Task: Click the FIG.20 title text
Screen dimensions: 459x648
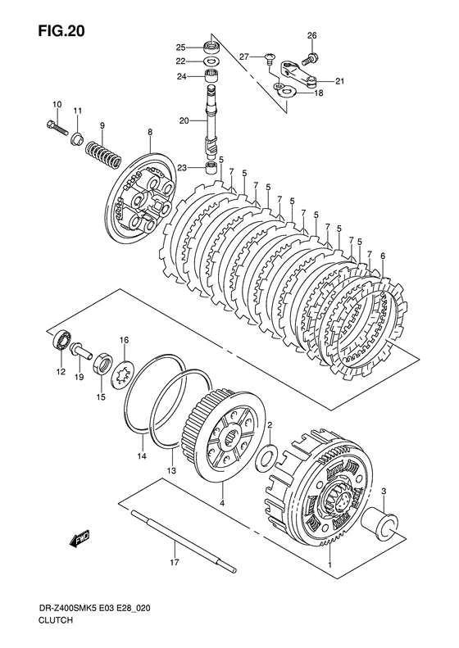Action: pyautogui.click(x=61, y=30)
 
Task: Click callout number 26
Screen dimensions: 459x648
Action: pyautogui.click(x=311, y=35)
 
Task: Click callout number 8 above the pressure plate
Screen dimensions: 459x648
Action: pyautogui.click(x=150, y=132)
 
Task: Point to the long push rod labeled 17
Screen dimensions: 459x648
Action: pyautogui.click(x=184, y=541)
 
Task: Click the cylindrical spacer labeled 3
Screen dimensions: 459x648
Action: pyautogui.click(x=380, y=523)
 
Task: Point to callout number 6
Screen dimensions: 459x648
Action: pyautogui.click(x=383, y=256)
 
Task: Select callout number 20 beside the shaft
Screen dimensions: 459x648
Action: pyautogui.click(x=184, y=121)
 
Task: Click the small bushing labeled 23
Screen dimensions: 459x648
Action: pyautogui.click(x=212, y=168)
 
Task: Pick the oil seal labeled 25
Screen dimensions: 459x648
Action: pyautogui.click(x=213, y=47)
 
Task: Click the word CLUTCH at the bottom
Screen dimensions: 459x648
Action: pyautogui.click(x=56, y=632)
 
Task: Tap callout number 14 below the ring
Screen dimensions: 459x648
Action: pyautogui.click(x=142, y=456)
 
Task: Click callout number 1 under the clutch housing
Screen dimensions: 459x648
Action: pyautogui.click(x=330, y=565)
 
